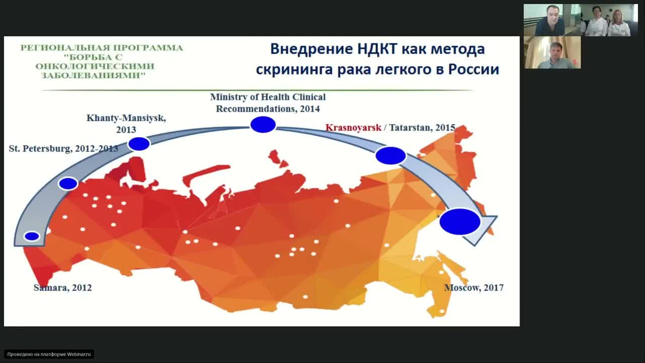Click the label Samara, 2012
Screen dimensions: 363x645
click(x=62, y=288)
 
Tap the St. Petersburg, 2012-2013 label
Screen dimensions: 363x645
click(x=63, y=149)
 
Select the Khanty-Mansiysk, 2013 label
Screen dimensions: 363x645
click(x=126, y=124)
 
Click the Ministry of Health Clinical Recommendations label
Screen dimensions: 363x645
click(x=268, y=102)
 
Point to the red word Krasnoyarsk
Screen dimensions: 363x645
click(x=353, y=128)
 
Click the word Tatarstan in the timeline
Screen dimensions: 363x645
click(x=411, y=128)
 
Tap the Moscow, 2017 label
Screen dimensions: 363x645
click(x=473, y=288)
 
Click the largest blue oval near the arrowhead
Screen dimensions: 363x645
click(x=460, y=222)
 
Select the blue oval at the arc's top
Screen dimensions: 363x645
click(x=263, y=125)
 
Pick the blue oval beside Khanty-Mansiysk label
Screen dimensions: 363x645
click(x=139, y=144)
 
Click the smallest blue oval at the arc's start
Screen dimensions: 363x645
click(x=32, y=236)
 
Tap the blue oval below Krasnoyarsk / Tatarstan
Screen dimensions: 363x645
click(x=391, y=156)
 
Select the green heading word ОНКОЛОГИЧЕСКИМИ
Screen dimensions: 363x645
click(x=95, y=66)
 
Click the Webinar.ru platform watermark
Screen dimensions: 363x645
click(x=49, y=354)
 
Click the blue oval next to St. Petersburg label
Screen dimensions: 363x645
click(x=68, y=184)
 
